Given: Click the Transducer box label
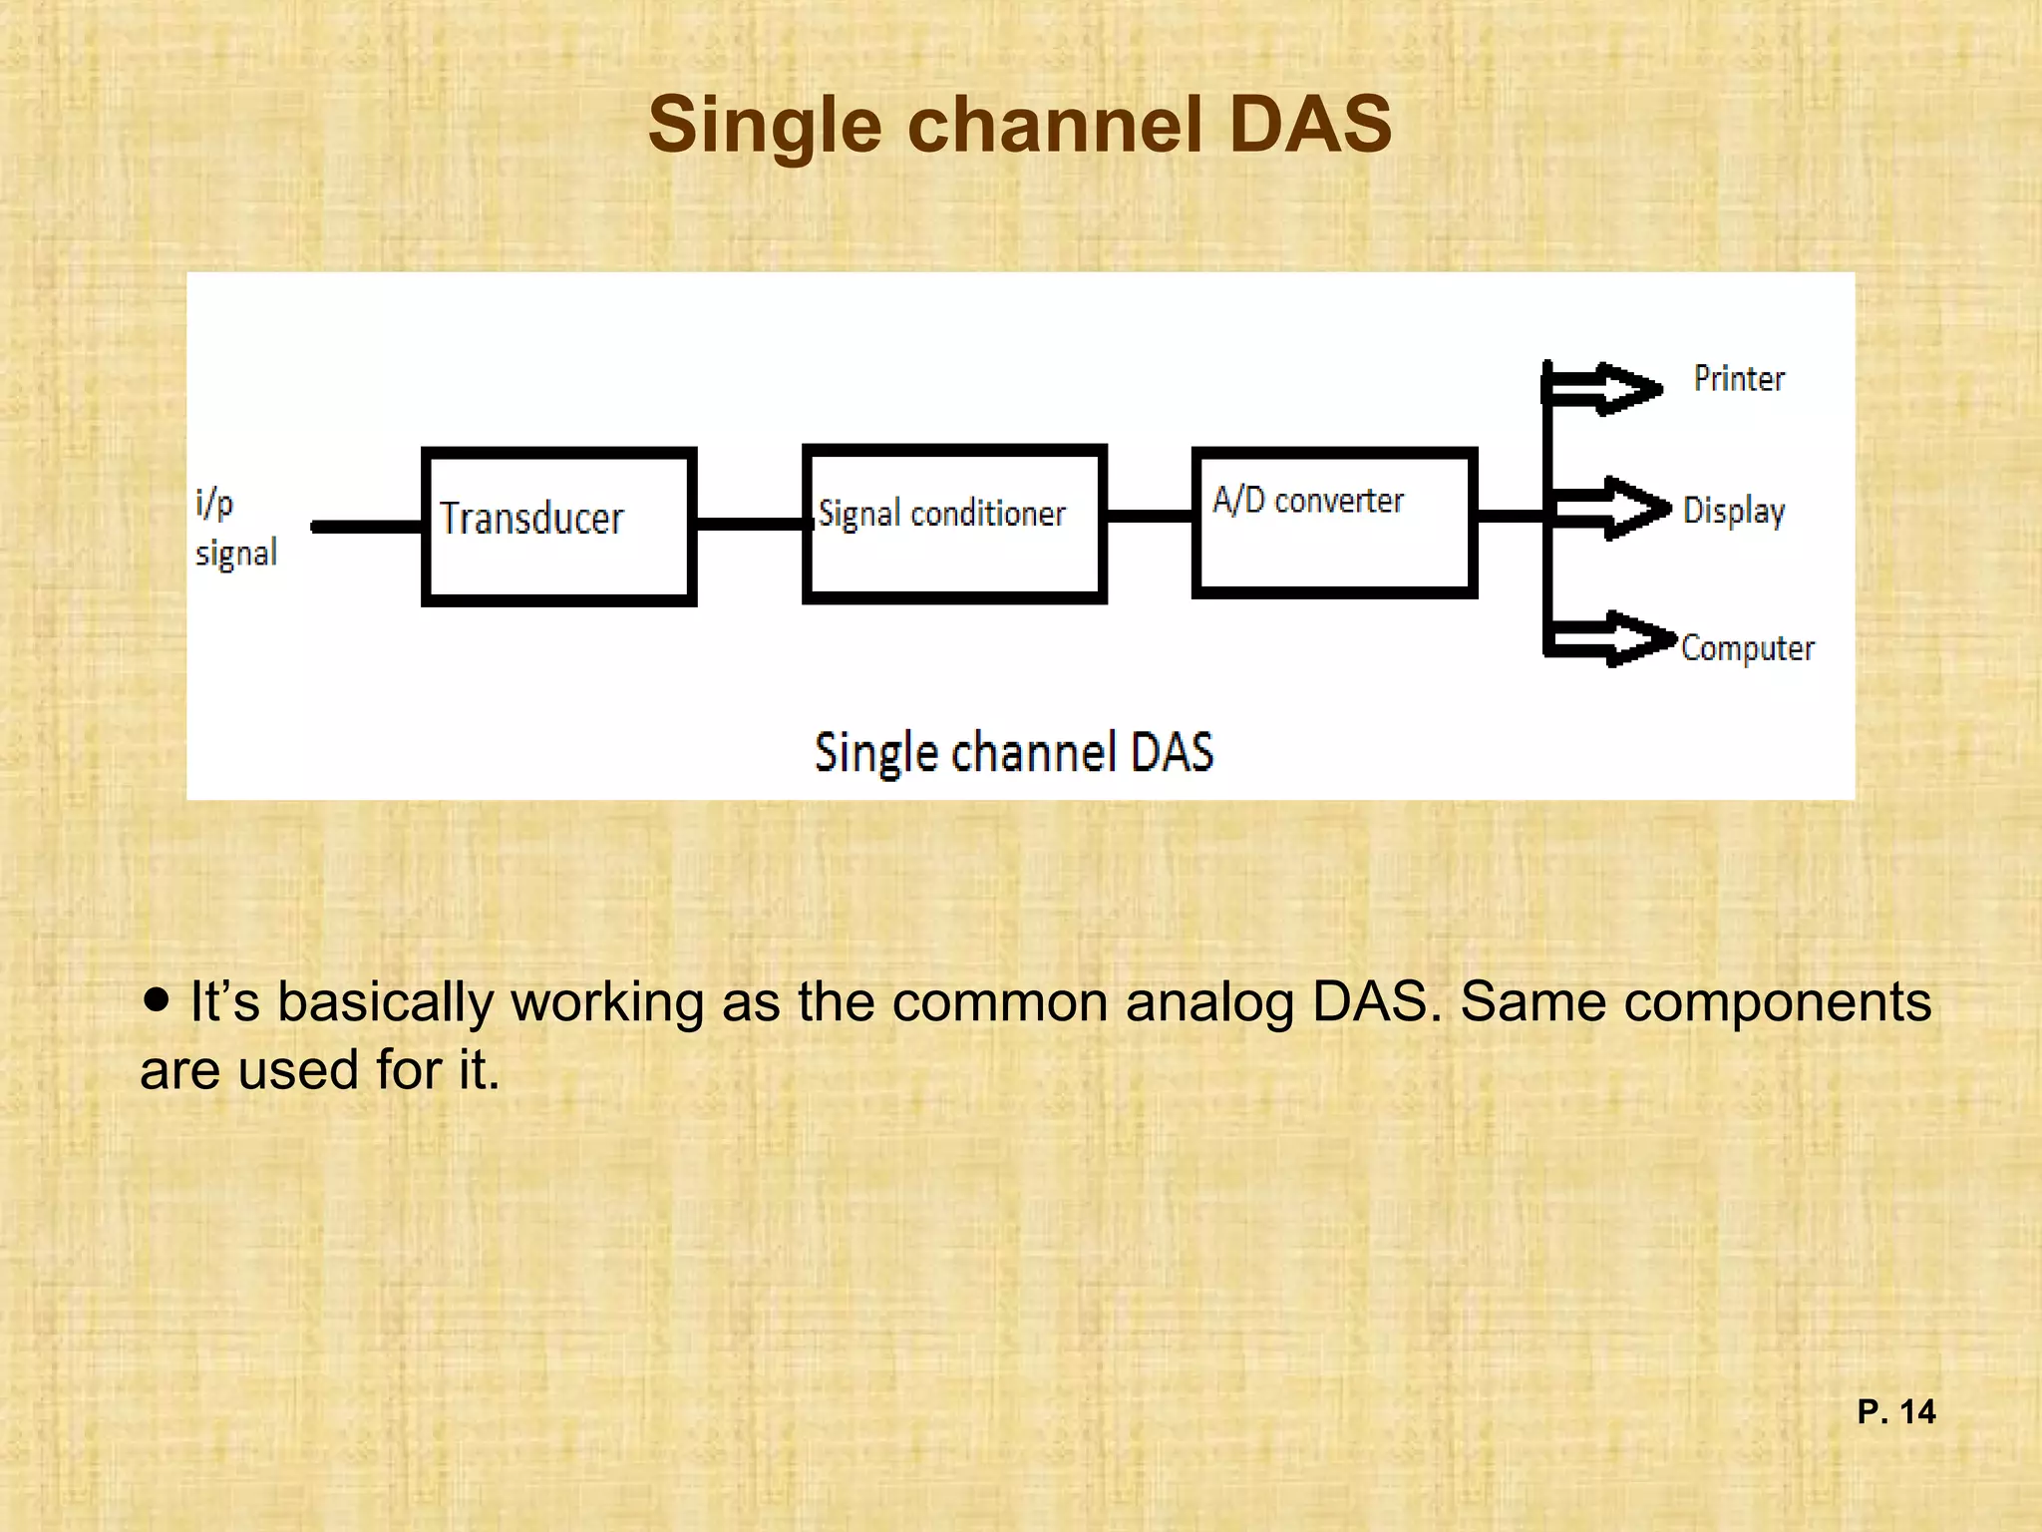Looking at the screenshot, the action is tap(531, 519).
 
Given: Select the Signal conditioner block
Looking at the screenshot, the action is tap(954, 524).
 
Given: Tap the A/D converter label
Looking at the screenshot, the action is tap(1307, 500).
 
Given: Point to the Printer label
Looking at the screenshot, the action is tap(1739, 379).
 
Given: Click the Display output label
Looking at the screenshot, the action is tap(1734, 511).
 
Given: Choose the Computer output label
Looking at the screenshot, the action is tap(1747, 648).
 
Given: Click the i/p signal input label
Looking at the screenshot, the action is tap(235, 528).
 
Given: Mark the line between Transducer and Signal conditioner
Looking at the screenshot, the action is tap(749, 524).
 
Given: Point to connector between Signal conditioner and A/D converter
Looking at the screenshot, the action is tap(1150, 516).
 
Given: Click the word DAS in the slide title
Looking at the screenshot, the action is tap(1309, 125).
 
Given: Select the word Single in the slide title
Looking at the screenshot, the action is tap(765, 125).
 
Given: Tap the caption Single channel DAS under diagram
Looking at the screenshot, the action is tap(1014, 752).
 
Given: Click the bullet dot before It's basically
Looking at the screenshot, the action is tap(157, 998).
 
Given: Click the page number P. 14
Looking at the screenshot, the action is tap(1895, 1411).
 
